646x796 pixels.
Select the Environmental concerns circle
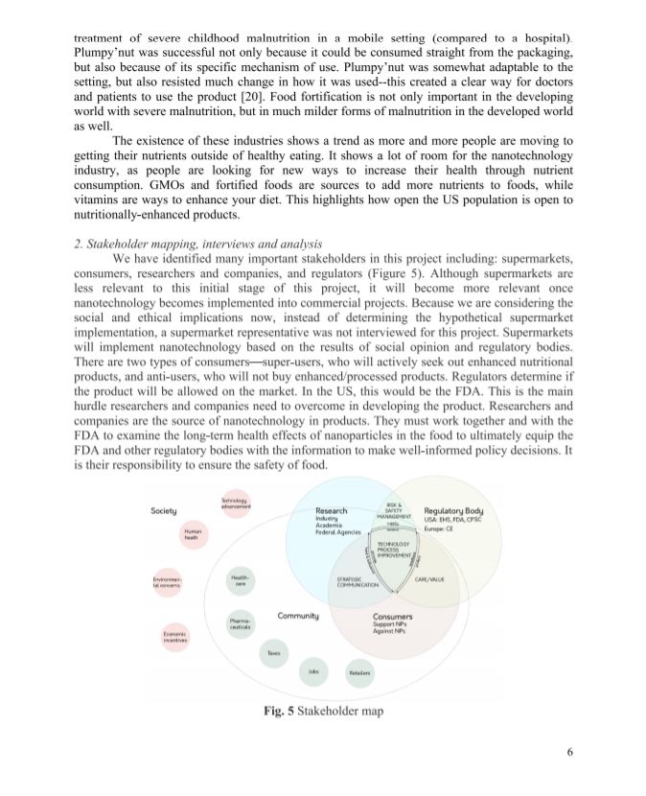click(164, 583)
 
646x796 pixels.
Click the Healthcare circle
click(241, 580)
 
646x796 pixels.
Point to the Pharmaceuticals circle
click(241, 624)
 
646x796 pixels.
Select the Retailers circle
click(358, 673)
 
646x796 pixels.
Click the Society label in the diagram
click(163, 511)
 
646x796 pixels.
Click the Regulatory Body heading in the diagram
click(453, 511)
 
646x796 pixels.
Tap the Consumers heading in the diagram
click(393, 617)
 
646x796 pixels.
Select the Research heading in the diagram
click(331, 511)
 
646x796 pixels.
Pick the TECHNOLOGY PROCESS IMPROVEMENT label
click(394, 550)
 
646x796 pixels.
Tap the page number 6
click(569, 777)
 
